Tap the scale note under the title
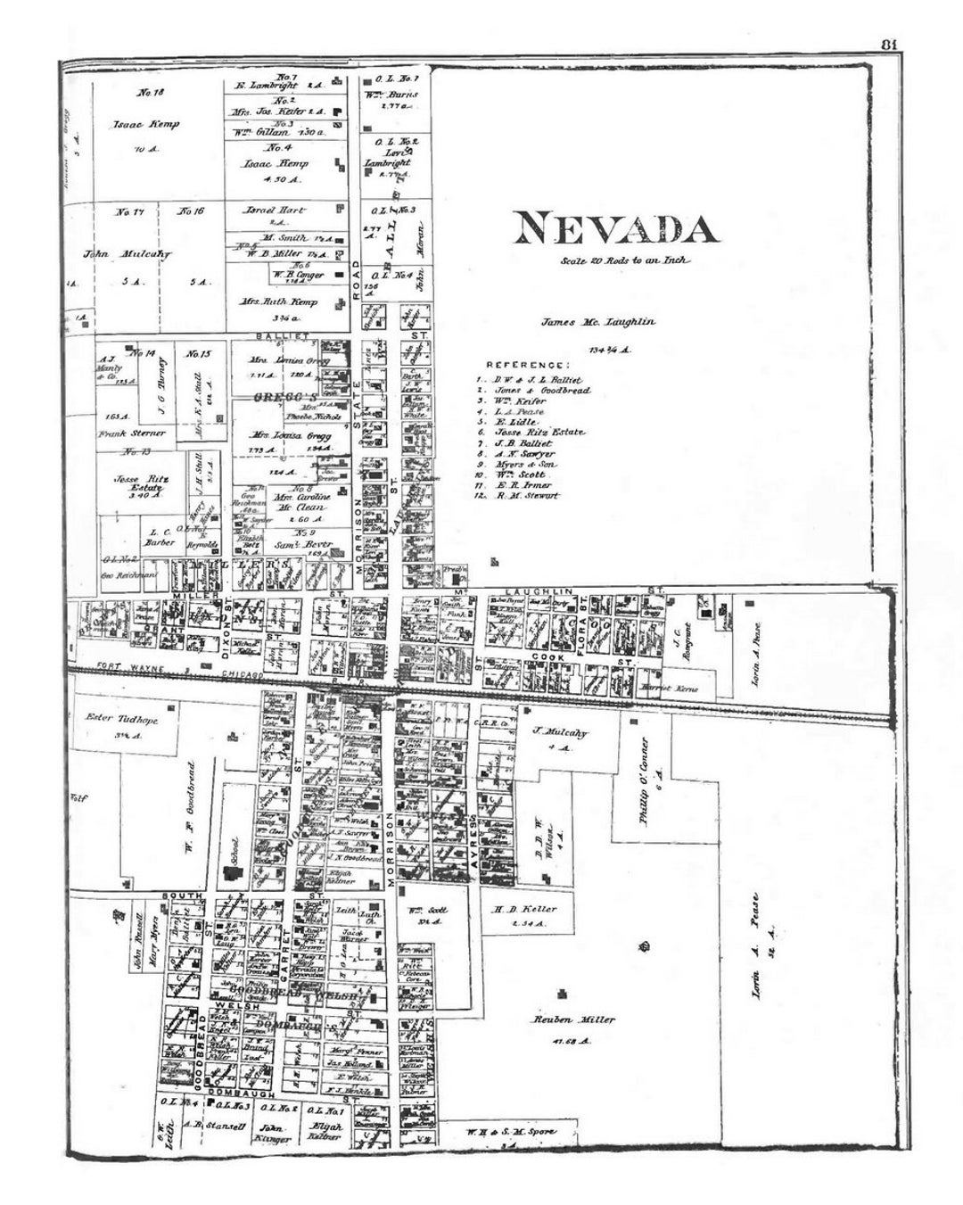625,261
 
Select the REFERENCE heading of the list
527,365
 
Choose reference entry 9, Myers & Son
524,465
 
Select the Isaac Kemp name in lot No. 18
146,124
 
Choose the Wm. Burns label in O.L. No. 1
391,92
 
